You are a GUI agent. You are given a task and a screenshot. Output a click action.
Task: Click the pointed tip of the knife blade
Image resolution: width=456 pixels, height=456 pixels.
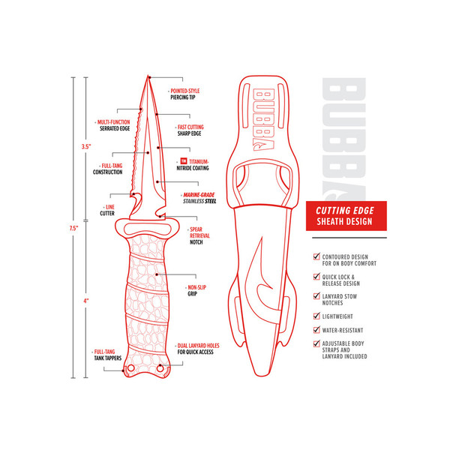[x=149, y=77]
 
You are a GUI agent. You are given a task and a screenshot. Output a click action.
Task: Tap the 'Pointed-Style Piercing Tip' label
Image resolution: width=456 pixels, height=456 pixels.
[x=187, y=93]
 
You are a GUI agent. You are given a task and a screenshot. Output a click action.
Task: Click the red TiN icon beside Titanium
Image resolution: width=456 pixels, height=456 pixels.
[x=183, y=160]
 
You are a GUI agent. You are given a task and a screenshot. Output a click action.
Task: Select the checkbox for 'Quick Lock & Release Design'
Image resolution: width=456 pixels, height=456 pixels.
[x=316, y=277]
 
